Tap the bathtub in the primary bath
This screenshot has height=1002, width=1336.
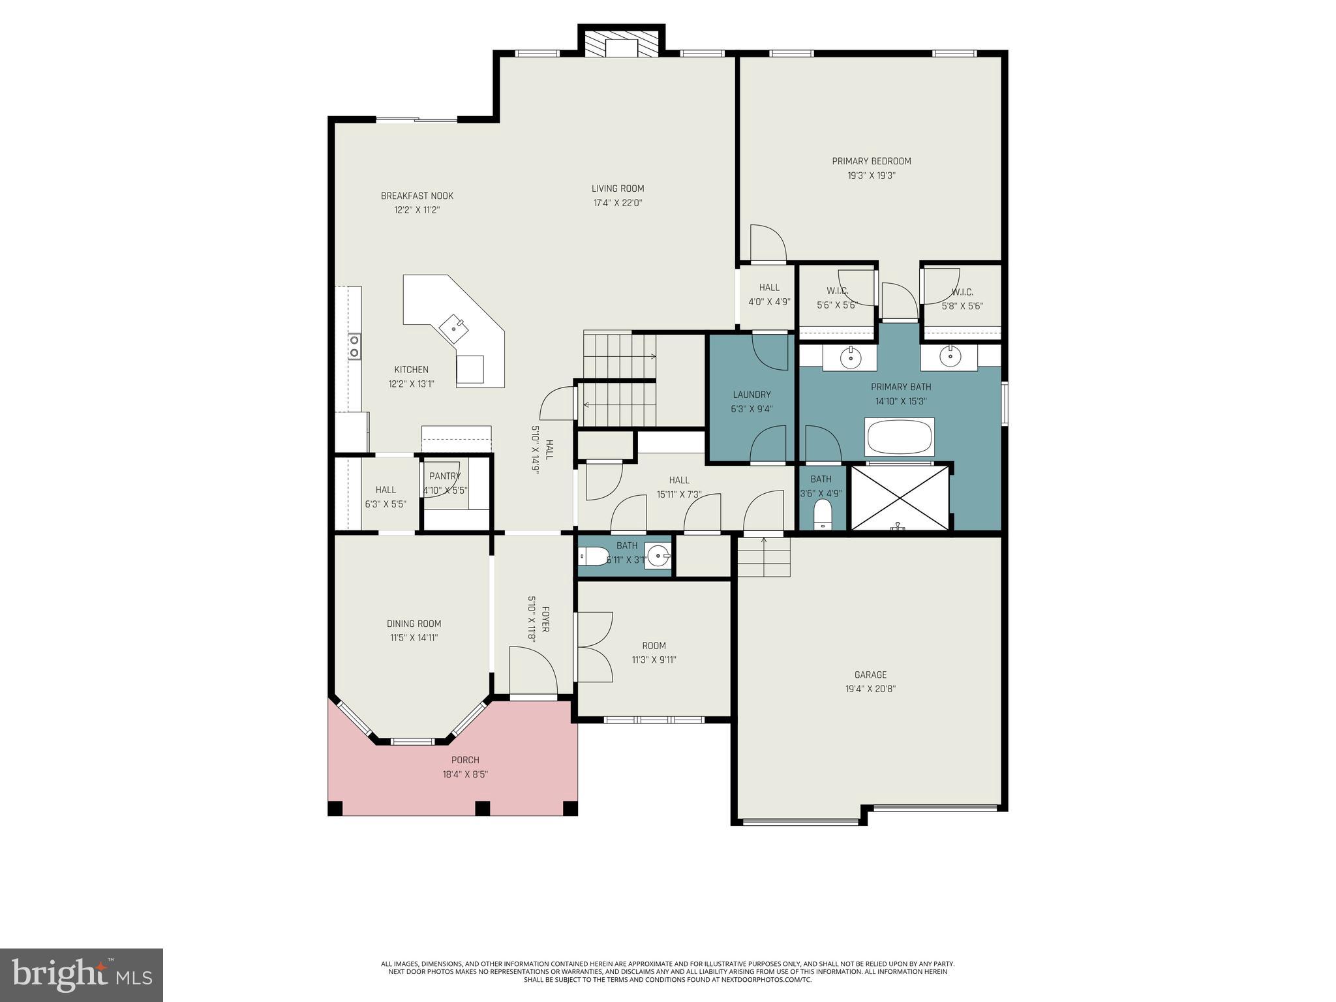coord(899,436)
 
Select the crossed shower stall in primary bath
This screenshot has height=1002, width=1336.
coord(900,497)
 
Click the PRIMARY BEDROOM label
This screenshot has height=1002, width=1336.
coord(871,161)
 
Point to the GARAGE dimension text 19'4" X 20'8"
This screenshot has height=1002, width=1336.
coord(871,689)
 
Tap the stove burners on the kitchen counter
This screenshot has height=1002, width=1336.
coord(354,346)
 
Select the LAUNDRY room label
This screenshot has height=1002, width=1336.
coord(751,395)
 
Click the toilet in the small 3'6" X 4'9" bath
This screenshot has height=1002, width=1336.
coord(823,515)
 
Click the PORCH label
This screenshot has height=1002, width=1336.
coord(465,760)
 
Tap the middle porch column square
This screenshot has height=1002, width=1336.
coord(482,808)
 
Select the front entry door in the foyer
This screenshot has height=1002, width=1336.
coord(534,672)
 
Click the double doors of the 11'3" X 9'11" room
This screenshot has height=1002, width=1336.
coord(594,646)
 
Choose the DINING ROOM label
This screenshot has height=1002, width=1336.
coord(414,624)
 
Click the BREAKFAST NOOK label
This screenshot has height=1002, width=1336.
coord(417,196)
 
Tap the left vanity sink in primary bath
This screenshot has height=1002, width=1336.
coord(849,357)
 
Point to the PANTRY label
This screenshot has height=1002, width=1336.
coord(445,476)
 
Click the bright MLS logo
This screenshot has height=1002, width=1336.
coord(81,975)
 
